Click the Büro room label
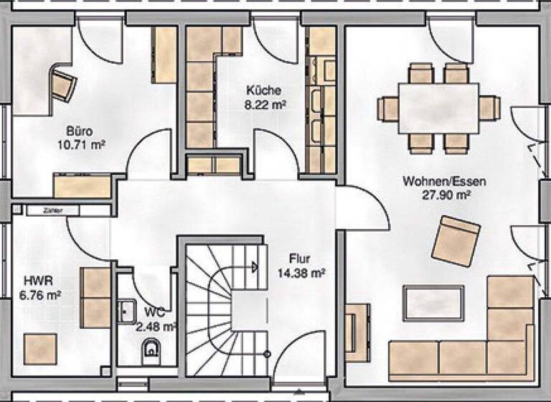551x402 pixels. coord(79,131)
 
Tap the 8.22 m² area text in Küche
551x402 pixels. coord(263,104)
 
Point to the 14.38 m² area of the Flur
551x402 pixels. coord(301,273)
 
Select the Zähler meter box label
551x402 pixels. coord(50,210)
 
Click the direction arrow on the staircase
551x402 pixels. coord(254,267)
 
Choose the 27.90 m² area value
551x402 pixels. coord(445,194)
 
